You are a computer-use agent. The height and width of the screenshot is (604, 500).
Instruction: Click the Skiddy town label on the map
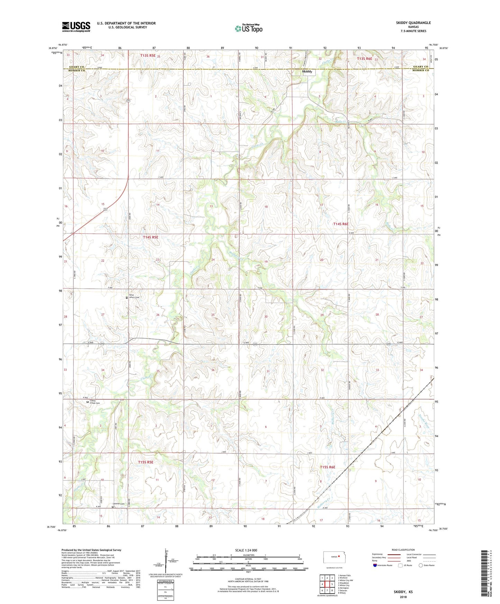click(307, 72)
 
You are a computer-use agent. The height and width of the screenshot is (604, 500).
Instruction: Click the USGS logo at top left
click(76, 27)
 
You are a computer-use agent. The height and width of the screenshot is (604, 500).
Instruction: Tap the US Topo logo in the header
click(248, 28)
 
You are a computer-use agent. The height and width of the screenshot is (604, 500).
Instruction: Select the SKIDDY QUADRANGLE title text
click(413, 23)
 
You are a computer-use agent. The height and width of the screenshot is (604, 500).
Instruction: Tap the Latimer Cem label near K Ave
click(118, 504)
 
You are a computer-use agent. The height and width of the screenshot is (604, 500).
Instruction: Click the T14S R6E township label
click(340, 224)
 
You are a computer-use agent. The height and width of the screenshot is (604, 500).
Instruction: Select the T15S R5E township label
click(145, 462)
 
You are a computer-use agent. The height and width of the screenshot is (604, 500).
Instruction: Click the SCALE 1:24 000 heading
click(246, 550)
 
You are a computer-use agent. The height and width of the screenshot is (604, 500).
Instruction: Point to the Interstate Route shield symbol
click(375, 565)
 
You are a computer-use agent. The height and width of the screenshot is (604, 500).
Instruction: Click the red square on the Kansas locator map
click(339, 557)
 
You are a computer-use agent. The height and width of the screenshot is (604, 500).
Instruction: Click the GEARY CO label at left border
click(76, 67)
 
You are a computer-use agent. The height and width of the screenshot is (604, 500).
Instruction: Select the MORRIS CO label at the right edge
click(420, 70)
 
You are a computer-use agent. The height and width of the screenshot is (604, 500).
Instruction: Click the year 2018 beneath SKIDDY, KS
click(403, 597)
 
